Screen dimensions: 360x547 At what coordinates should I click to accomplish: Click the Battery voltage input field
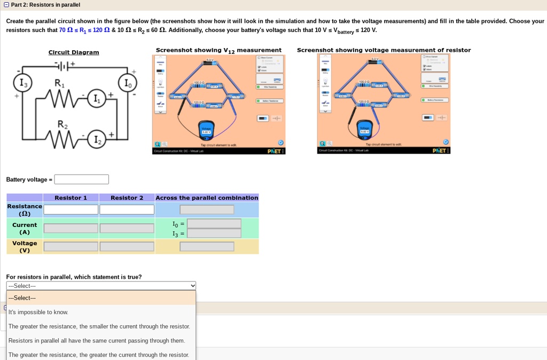[x=81, y=179]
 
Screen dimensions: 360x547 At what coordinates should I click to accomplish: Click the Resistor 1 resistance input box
[x=71, y=210]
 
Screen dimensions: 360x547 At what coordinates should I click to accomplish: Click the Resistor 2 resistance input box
[x=127, y=210]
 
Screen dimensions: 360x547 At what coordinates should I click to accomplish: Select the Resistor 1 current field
[x=71, y=228]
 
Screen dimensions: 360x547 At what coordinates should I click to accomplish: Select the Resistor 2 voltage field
[x=127, y=247]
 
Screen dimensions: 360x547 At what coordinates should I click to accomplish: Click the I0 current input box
[x=214, y=224]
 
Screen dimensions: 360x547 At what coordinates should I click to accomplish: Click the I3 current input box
[x=214, y=233]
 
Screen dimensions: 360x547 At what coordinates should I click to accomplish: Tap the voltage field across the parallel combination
[x=207, y=247]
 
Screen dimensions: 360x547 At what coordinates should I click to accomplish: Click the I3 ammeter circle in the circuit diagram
[x=23, y=83]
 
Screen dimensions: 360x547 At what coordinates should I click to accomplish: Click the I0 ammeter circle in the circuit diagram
[x=127, y=83]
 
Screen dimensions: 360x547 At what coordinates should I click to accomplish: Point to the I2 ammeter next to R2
[x=96, y=140]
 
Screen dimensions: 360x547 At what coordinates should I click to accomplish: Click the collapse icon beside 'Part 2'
[x=6, y=5]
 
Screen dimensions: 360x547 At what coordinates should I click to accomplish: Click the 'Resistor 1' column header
[x=71, y=198]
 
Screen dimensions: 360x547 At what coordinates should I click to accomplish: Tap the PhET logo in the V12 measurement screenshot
[x=276, y=151]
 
